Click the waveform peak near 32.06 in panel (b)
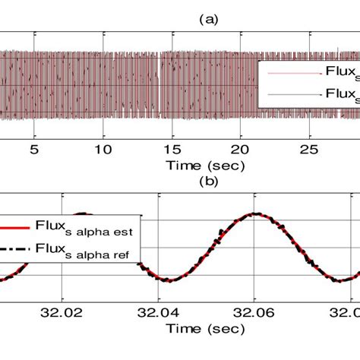pyautogui.click(x=257, y=214)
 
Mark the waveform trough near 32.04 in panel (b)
pyautogui.click(x=169, y=280)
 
